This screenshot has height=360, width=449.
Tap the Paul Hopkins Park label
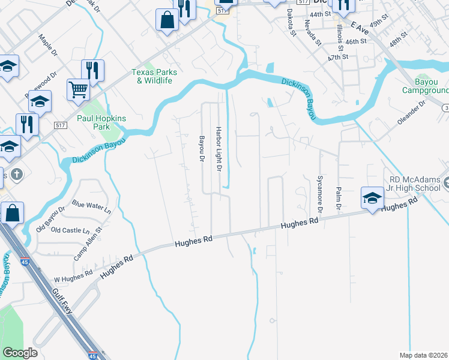(101, 122)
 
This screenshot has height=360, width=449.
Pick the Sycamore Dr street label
(319, 194)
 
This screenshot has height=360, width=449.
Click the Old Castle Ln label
(70, 230)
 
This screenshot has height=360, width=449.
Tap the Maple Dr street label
(47, 44)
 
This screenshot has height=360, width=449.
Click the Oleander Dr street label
(411, 112)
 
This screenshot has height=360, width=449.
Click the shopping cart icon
(78, 91)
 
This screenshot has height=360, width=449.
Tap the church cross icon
(17, 175)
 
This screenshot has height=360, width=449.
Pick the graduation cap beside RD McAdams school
(372, 197)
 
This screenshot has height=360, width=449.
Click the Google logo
(20, 353)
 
